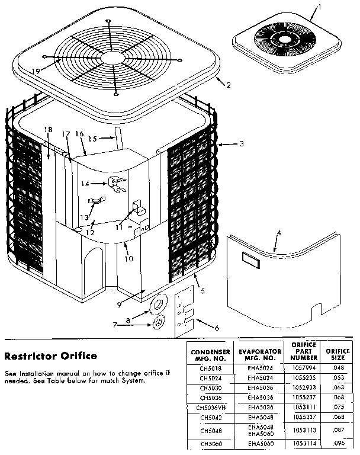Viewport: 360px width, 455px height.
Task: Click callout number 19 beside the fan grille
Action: click(36, 71)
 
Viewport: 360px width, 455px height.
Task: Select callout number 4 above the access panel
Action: click(279, 232)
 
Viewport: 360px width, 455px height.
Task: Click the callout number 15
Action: click(92, 139)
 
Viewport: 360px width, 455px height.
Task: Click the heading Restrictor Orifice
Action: click(50, 356)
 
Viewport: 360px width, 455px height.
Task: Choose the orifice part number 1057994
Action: click(304, 367)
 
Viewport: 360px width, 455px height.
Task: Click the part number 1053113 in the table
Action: click(304, 431)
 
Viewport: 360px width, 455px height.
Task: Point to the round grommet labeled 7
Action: click(159, 323)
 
